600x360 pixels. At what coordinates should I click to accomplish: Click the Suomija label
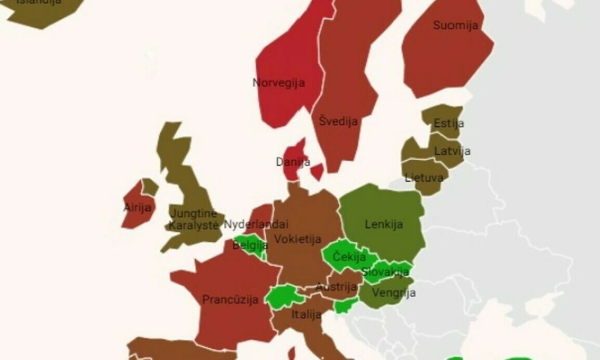pos(456,26)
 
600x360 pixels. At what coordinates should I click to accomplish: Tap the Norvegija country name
pos(279,83)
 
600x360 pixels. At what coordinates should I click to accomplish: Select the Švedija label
pos(338,121)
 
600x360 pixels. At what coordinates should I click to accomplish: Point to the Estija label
pos(449,123)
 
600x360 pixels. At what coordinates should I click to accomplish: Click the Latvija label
pos(452,151)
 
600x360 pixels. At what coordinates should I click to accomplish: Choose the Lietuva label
pos(424,178)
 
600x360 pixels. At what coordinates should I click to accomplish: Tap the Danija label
pos(293,162)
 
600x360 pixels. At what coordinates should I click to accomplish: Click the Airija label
pos(138,207)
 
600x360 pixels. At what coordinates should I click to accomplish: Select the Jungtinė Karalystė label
pos(193,219)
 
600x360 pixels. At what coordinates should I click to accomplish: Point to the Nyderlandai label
pos(256,224)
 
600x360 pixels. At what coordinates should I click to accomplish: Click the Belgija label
pos(250,244)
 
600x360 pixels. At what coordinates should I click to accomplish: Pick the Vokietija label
pos(298,239)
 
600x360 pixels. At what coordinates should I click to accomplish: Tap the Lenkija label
pos(384,224)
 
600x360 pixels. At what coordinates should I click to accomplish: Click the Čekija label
pos(349,256)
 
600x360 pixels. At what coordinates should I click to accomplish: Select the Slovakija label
pos(385,272)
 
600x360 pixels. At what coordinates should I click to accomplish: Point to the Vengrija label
pos(394,293)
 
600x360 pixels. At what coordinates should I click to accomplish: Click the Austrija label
pos(336,287)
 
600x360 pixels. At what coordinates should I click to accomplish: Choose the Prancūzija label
pos(230,300)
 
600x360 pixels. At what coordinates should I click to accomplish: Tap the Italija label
pos(306,314)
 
